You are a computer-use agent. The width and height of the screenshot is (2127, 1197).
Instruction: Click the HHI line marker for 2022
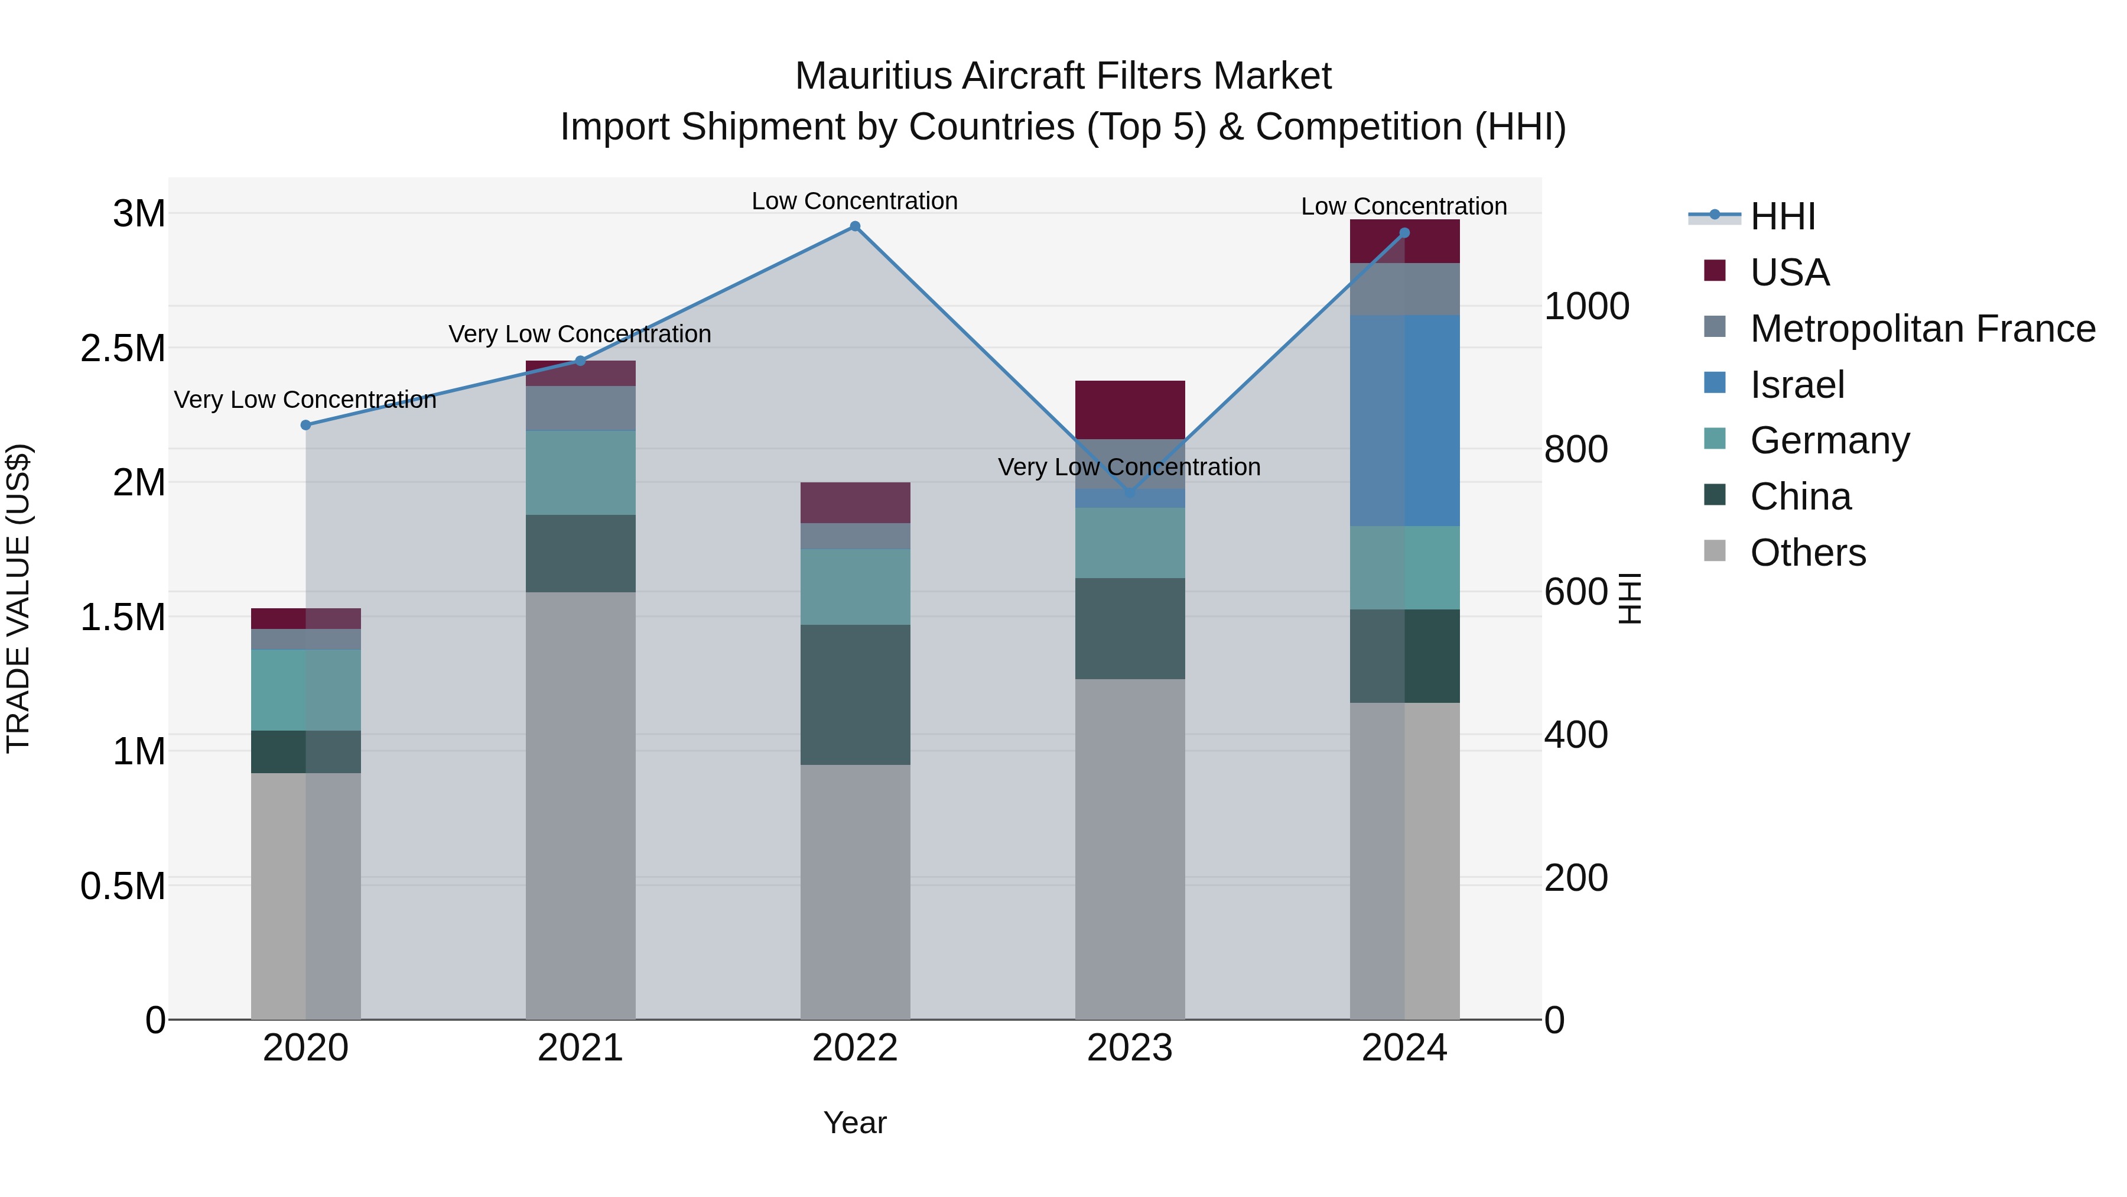pos(854,226)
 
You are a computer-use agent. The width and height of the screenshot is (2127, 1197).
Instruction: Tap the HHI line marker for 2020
pos(305,424)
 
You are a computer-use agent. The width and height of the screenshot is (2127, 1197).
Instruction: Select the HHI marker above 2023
pos(1130,493)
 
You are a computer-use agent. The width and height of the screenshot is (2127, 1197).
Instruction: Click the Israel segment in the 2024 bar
pos(1404,420)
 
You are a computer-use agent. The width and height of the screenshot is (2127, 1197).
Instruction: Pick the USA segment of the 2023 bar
pos(1130,410)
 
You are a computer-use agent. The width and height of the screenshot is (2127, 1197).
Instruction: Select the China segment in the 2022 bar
pos(854,694)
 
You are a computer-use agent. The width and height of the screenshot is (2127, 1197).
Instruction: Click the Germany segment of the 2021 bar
pos(580,472)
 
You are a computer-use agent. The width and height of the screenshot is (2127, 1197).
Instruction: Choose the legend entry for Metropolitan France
pos(1922,329)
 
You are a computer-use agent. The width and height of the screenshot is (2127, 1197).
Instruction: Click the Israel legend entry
pos(1797,385)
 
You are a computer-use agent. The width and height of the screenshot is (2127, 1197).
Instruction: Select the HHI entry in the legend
pos(1782,216)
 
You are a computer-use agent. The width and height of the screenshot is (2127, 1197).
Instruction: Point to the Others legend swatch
pos(1714,551)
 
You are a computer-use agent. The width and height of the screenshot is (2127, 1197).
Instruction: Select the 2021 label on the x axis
pos(580,1048)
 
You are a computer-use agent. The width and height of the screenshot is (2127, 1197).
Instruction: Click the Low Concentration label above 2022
pos(854,201)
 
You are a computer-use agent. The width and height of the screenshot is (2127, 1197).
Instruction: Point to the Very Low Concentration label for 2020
pos(305,400)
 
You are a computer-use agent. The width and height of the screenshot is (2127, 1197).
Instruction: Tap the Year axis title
pos(854,1123)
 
